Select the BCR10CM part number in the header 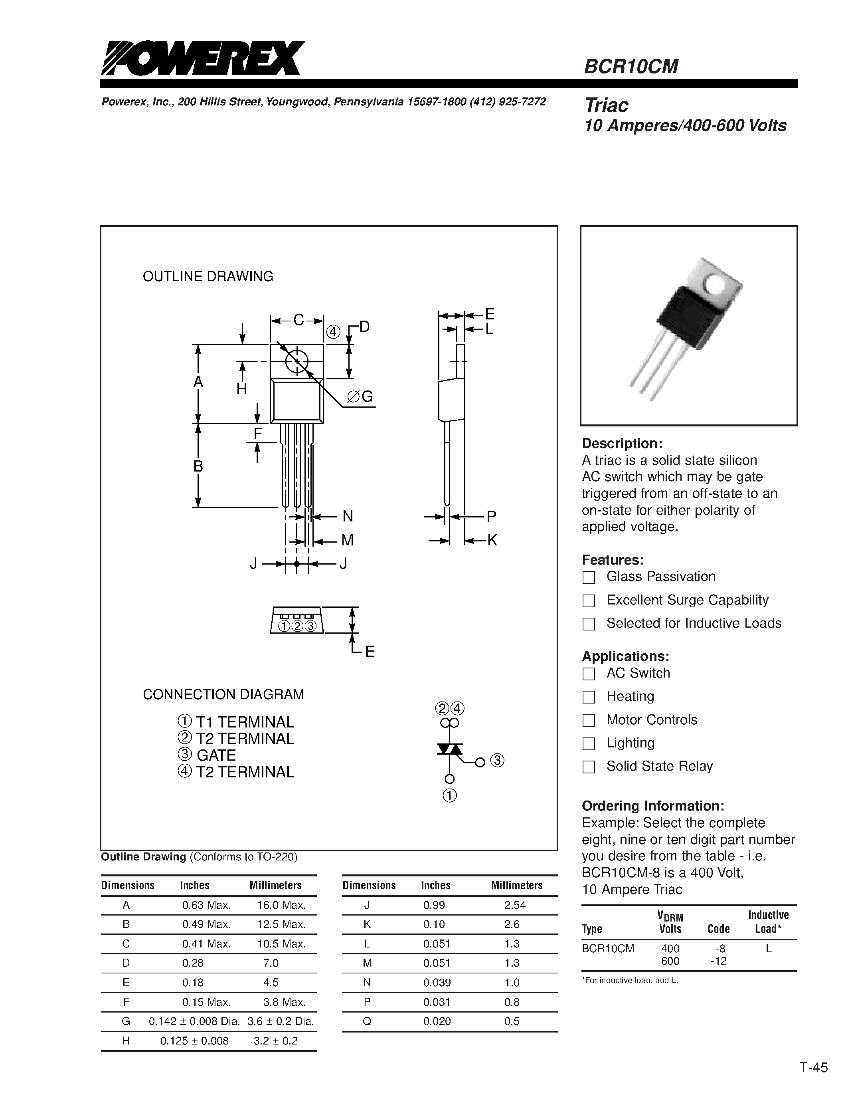pyautogui.click(x=631, y=66)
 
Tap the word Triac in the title pyautogui.click(x=606, y=105)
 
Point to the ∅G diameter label pyautogui.click(x=361, y=397)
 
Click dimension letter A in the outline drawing pyautogui.click(x=198, y=382)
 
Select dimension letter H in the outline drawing pyautogui.click(x=242, y=388)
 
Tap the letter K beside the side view pyautogui.click(x=492, y=541)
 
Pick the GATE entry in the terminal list pyautogui.click(x=216, y=755)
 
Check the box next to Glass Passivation pyautogui.click(x=589, y=577)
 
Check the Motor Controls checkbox pyautogui.click(x=589, y=720)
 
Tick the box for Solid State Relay pyautogui.click(x=589, y=767)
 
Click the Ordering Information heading pyautogui.click(x=652, y=806)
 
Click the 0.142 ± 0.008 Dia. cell pyautogui.click(x=194, y=1021)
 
